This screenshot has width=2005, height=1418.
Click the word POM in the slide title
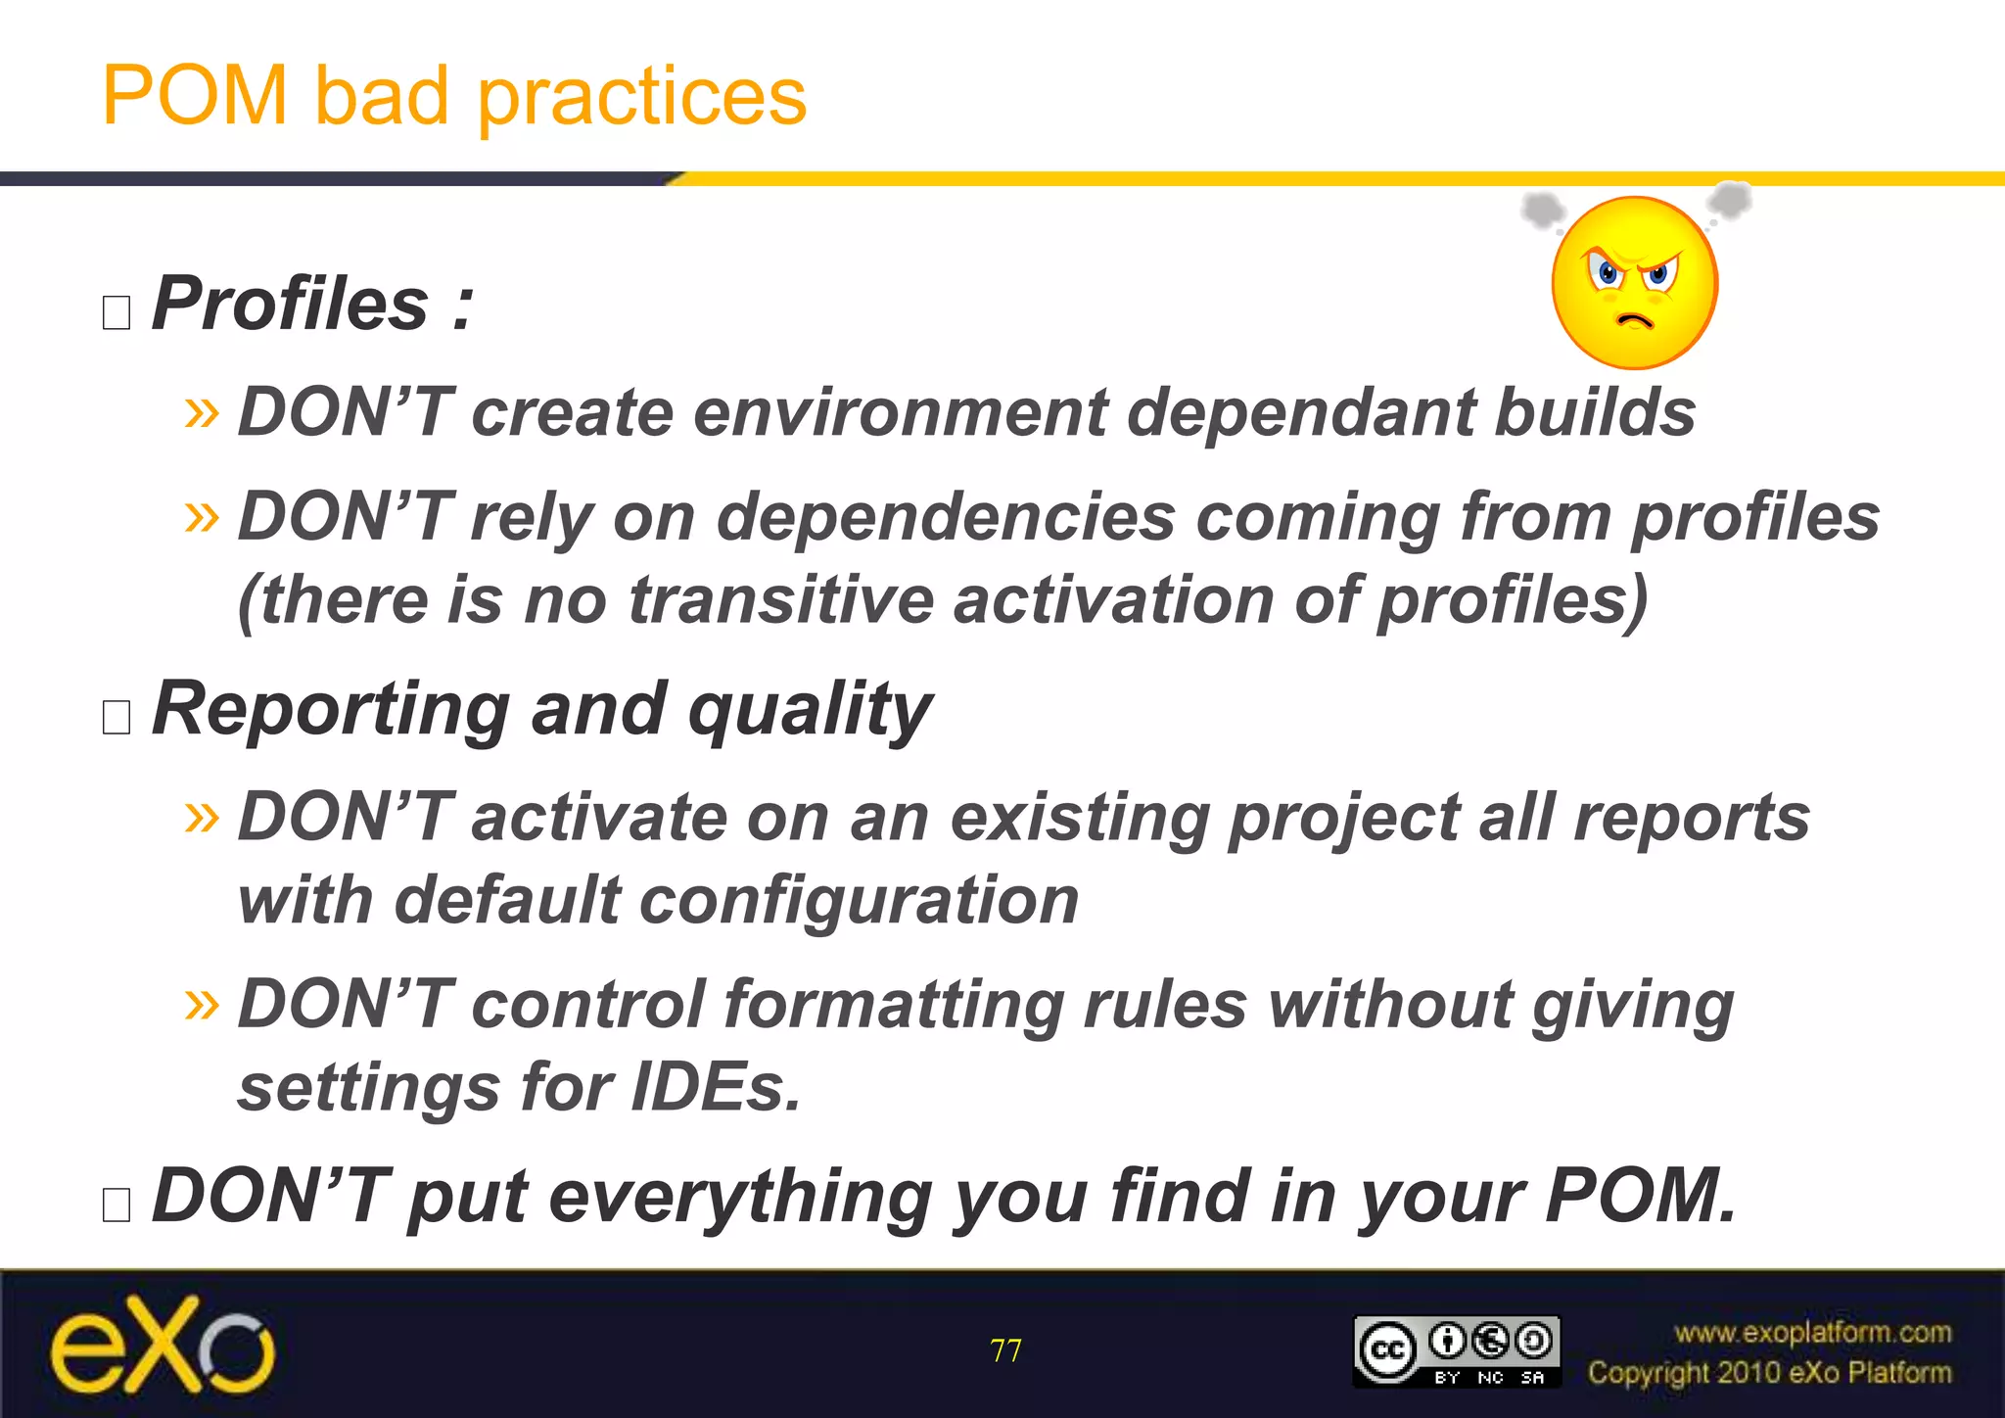[x=195, y=96]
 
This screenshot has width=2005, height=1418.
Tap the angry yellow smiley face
[x=1634, y=284]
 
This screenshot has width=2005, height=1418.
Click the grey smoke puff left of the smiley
[x=1543, y=209]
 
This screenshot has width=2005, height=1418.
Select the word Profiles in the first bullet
[x=291, y=304]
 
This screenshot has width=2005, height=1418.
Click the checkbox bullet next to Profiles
[x=117, y=312]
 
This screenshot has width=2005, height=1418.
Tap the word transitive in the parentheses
[x=780, y=599]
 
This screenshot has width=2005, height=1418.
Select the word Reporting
[x=331, y=709]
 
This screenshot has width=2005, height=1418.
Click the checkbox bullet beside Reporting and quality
[x=117, y=717]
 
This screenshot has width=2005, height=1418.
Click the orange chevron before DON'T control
[x=203, y=1005]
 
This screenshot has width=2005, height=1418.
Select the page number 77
[x=1005, y=1351]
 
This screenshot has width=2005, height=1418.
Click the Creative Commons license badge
[x=1456, y=1351]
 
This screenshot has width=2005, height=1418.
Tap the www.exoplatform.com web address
[x=1812, y=1333]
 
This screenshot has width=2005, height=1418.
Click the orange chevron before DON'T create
[x=203, y=412]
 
